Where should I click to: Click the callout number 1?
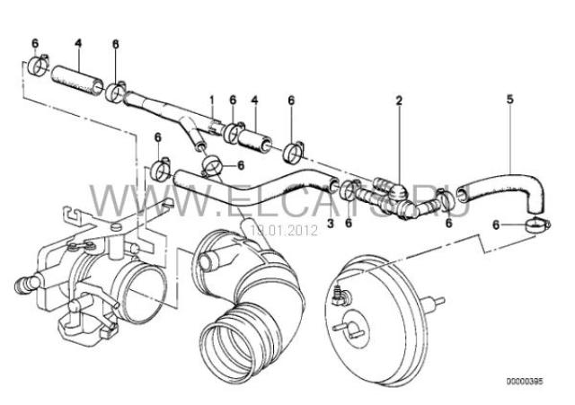pyautogui.click(x=212, y=99)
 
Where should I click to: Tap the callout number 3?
pyautogui.click(x=331, y=223)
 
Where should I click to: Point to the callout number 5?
pyautogui.click(x=509, y=99)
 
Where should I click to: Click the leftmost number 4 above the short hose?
pyautogui.click(x=77, y=43)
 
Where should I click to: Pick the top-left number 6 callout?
pyautogui.click(x=35, y=43)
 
